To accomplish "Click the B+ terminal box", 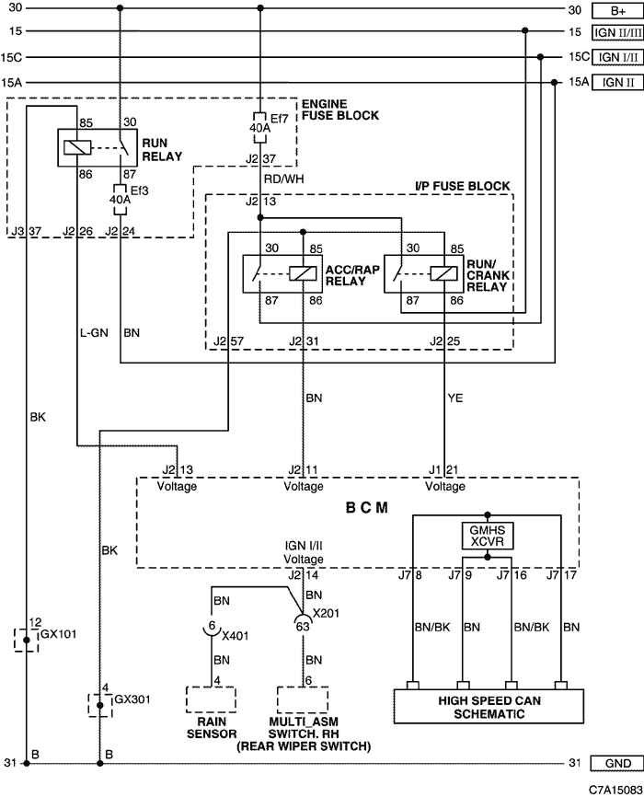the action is coord(617,10).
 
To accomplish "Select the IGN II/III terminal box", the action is coord(617,32).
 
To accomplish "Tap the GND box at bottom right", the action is coord(617,763).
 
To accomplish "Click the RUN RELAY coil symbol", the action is coord(77,147).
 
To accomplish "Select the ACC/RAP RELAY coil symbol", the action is coord(303,274).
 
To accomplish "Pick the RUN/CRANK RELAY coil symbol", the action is coord(444,274).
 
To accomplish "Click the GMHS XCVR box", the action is coord(488,536).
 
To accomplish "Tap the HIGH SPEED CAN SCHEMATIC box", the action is coord(489,706).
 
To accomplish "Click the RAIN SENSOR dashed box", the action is coord(211,699).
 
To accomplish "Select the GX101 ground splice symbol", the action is coord(27,640).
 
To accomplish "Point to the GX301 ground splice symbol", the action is coord(100,705).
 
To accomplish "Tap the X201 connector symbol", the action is coord(303,620).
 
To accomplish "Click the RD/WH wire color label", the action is coord(283,179).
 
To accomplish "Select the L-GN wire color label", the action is coord(94,333).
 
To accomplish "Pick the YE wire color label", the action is coord(455,398).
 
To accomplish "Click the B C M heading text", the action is coord(367,508).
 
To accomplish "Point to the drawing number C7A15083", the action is coord(615,790).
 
